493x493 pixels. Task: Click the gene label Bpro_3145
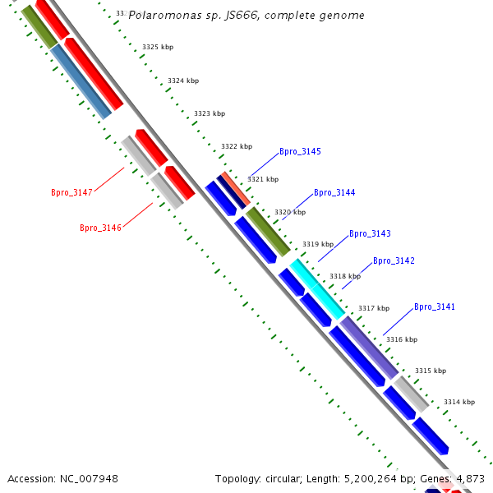point(300,152)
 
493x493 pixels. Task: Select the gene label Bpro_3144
point(334,193)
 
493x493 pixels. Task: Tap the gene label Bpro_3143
point(370,234)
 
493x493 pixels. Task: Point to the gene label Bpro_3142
point(394,261)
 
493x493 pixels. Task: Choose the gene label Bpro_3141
point(434,307)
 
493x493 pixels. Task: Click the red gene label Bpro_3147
point(71,192)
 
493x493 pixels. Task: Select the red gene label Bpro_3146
point(100,228)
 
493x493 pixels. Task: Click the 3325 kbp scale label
point(158,48)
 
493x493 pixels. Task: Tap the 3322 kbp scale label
point(236,147)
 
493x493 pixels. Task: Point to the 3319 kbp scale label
point(318,245)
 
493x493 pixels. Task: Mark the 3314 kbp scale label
point(458,403)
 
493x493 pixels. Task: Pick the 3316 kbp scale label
point(401,340)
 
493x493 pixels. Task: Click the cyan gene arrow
point(317,289)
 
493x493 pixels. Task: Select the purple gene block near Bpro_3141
point(369,347)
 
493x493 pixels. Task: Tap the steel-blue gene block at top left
point(81,81)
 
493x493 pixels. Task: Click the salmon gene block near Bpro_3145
point(236,189)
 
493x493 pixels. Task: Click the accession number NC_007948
point(89,478)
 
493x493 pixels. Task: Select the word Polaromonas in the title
point(166,16)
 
